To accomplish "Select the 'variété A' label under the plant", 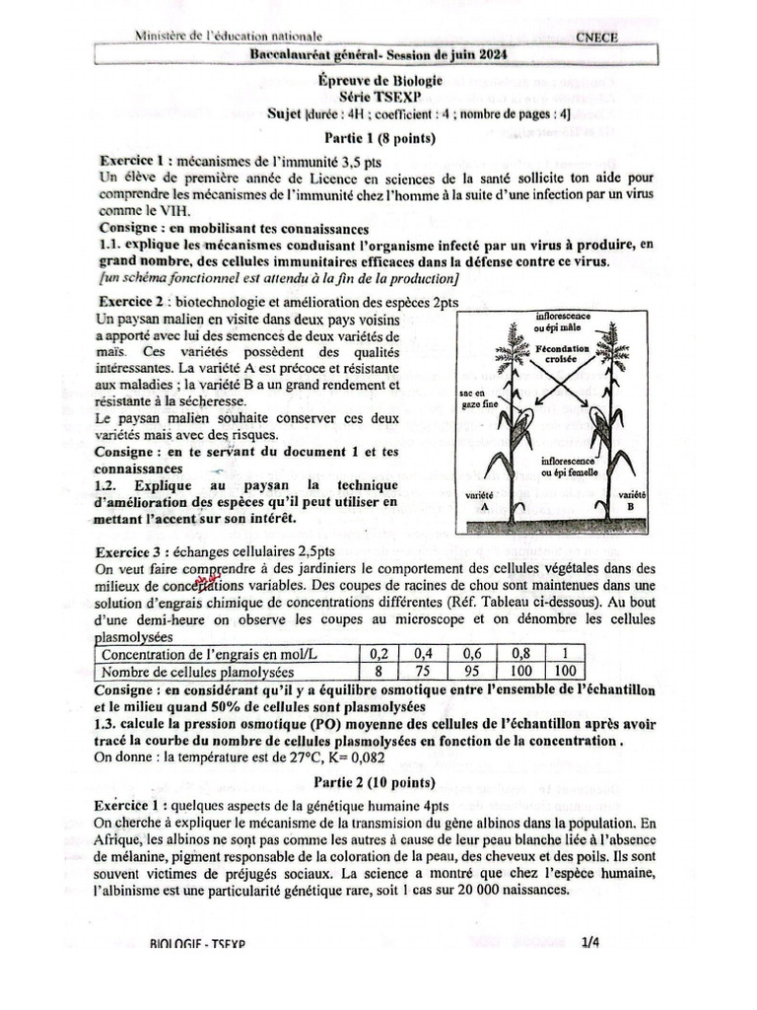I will (483, 499).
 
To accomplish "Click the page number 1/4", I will (590, 943).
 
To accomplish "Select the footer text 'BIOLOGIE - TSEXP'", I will (198, 944).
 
